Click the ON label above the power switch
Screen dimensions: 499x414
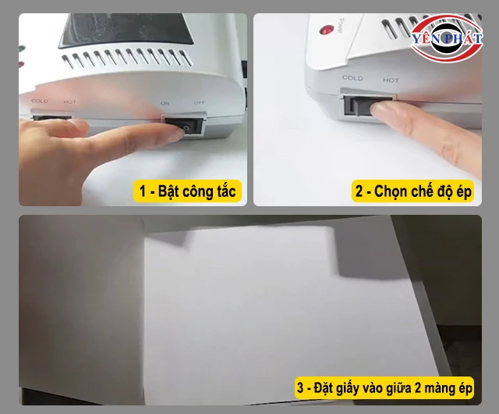coord(165,103)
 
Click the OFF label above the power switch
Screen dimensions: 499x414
coord(200,102)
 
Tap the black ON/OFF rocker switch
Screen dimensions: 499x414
coord(189,126)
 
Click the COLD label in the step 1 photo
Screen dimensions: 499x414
coord(40,101)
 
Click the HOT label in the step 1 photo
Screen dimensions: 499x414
coord(69,102)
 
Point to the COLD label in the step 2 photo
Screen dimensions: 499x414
coord(352,78)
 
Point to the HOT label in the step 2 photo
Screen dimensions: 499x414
coord(391,80)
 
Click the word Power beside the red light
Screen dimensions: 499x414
coord(341,26)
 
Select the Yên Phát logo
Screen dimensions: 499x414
coord(446,38)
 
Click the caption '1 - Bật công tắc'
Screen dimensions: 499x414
coord(187,191)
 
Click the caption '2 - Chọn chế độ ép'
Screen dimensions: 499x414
coord(412,191)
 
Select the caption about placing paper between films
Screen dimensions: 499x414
coord(384,388)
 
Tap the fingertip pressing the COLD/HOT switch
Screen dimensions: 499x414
coord(380,110)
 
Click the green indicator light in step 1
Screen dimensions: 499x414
coord(22,49)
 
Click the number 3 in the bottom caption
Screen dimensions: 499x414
coord(300,388)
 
